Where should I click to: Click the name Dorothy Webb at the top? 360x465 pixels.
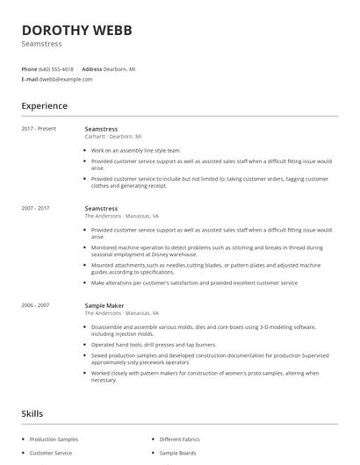click(x=76, y=31)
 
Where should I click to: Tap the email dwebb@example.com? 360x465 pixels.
click(x=66, y=79)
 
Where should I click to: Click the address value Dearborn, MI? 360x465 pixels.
click(x=120, y=68)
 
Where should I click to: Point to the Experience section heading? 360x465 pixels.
click(x=44, y=106)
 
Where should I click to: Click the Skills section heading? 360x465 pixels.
click(x=32, y=413)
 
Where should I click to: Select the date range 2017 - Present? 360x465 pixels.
click(x=39, y=129)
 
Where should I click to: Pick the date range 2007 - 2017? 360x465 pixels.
click(x=35, y=209)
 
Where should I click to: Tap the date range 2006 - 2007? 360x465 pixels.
click(x=35, y=305)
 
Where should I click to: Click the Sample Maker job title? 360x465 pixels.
click(x=104, y=305)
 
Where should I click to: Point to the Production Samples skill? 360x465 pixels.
click(x=54, y=439)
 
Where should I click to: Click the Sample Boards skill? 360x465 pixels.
click(x=177, y=453)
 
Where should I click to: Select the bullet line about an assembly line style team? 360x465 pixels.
click(x=135, y=150)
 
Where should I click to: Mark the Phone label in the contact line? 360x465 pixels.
click(x=29, y=68)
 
